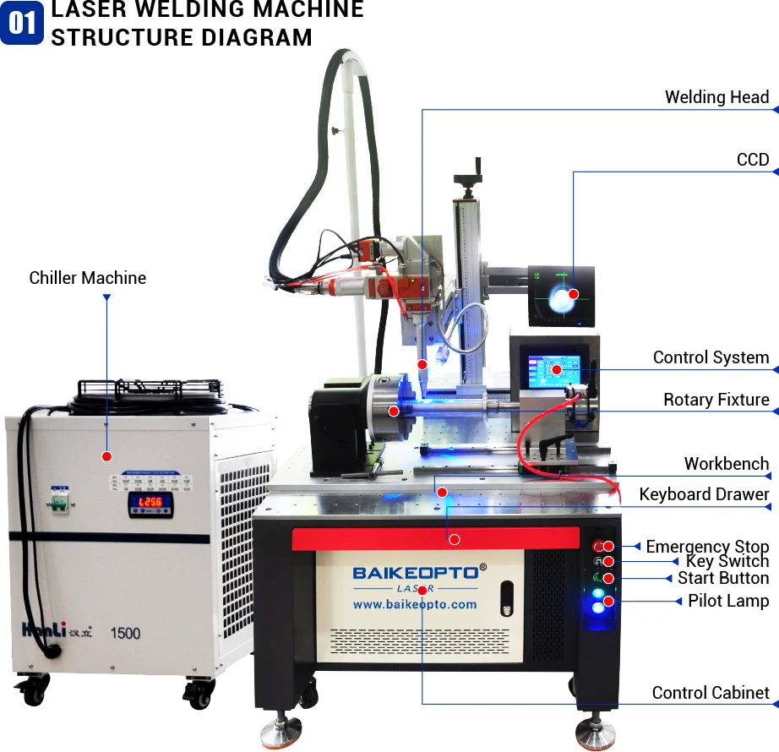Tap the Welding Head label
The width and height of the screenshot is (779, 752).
[x=716, y=97]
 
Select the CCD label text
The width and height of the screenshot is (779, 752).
[x=753, y=160]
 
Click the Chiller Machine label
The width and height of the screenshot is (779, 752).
[x=87, y=278]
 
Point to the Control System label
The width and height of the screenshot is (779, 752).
[x=711, y=357]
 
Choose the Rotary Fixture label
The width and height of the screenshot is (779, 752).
[x=716, y=400]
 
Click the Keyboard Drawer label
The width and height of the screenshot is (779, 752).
[x=704, y=494]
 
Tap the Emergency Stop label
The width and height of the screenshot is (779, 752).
[x=707, y=547]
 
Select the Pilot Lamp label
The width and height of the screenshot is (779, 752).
[x=728, y=601]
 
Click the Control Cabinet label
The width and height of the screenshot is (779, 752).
[x=711, y=693]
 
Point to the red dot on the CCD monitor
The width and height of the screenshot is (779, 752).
[x=573, y=294]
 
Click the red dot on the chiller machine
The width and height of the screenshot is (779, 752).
[x=106, y=456]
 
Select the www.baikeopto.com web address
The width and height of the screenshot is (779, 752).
[x=414, y=604]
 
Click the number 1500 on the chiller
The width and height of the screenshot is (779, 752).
[x=125, y=633]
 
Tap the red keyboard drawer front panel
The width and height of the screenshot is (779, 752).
[x=436, y=539]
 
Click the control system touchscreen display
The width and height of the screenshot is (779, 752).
[x=554, y=372]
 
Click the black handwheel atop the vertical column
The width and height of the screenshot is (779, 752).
[x=467, y=179]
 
